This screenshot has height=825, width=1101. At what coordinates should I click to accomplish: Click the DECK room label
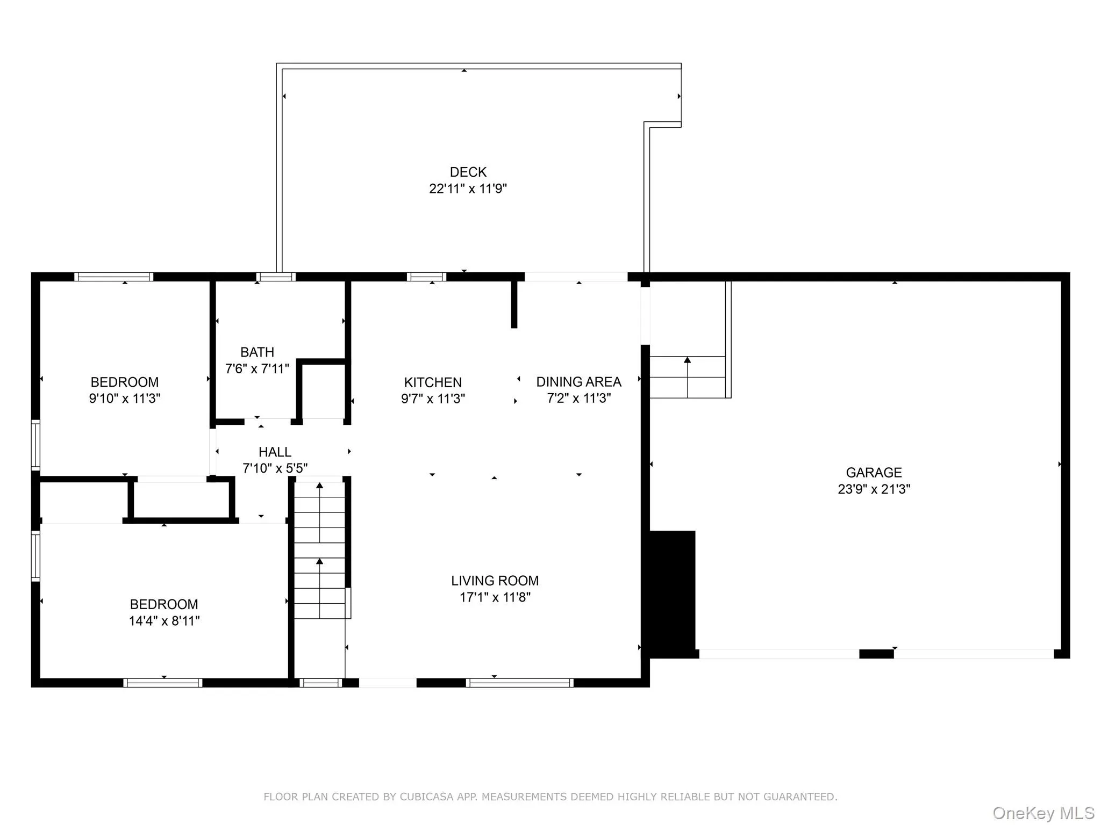(x=468, y=172)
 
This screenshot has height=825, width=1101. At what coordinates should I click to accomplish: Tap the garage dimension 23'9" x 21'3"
(x=874, y=489)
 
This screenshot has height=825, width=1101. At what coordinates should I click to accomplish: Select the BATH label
(x=257, y=352)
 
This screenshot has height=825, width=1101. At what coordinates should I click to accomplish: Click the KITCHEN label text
(x=433, y=382)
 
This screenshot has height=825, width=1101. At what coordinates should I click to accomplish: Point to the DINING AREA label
(x=578, y=382)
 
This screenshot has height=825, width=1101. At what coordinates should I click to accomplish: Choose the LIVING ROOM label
(x=495, y=581)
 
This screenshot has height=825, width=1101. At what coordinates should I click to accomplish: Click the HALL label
(x=275, y=452)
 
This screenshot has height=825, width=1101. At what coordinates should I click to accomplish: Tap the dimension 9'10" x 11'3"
(x=125, y=399)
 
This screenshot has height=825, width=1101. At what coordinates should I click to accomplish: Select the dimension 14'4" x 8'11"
(x=164, y=621)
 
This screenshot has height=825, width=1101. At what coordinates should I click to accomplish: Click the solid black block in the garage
(x=672, y=591)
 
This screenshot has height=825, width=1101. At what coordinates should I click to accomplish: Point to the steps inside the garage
(x=687, y=377)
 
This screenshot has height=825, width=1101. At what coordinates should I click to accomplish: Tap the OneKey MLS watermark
(x=1043, y=813)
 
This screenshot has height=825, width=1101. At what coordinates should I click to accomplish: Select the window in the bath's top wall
(x=276, y=277)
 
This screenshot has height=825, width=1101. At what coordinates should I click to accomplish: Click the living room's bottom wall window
(x=519, y=683)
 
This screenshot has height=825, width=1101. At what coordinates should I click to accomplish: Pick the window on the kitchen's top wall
(x=426, y=277)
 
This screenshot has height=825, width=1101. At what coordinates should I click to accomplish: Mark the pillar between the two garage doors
(x=876, y=654)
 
